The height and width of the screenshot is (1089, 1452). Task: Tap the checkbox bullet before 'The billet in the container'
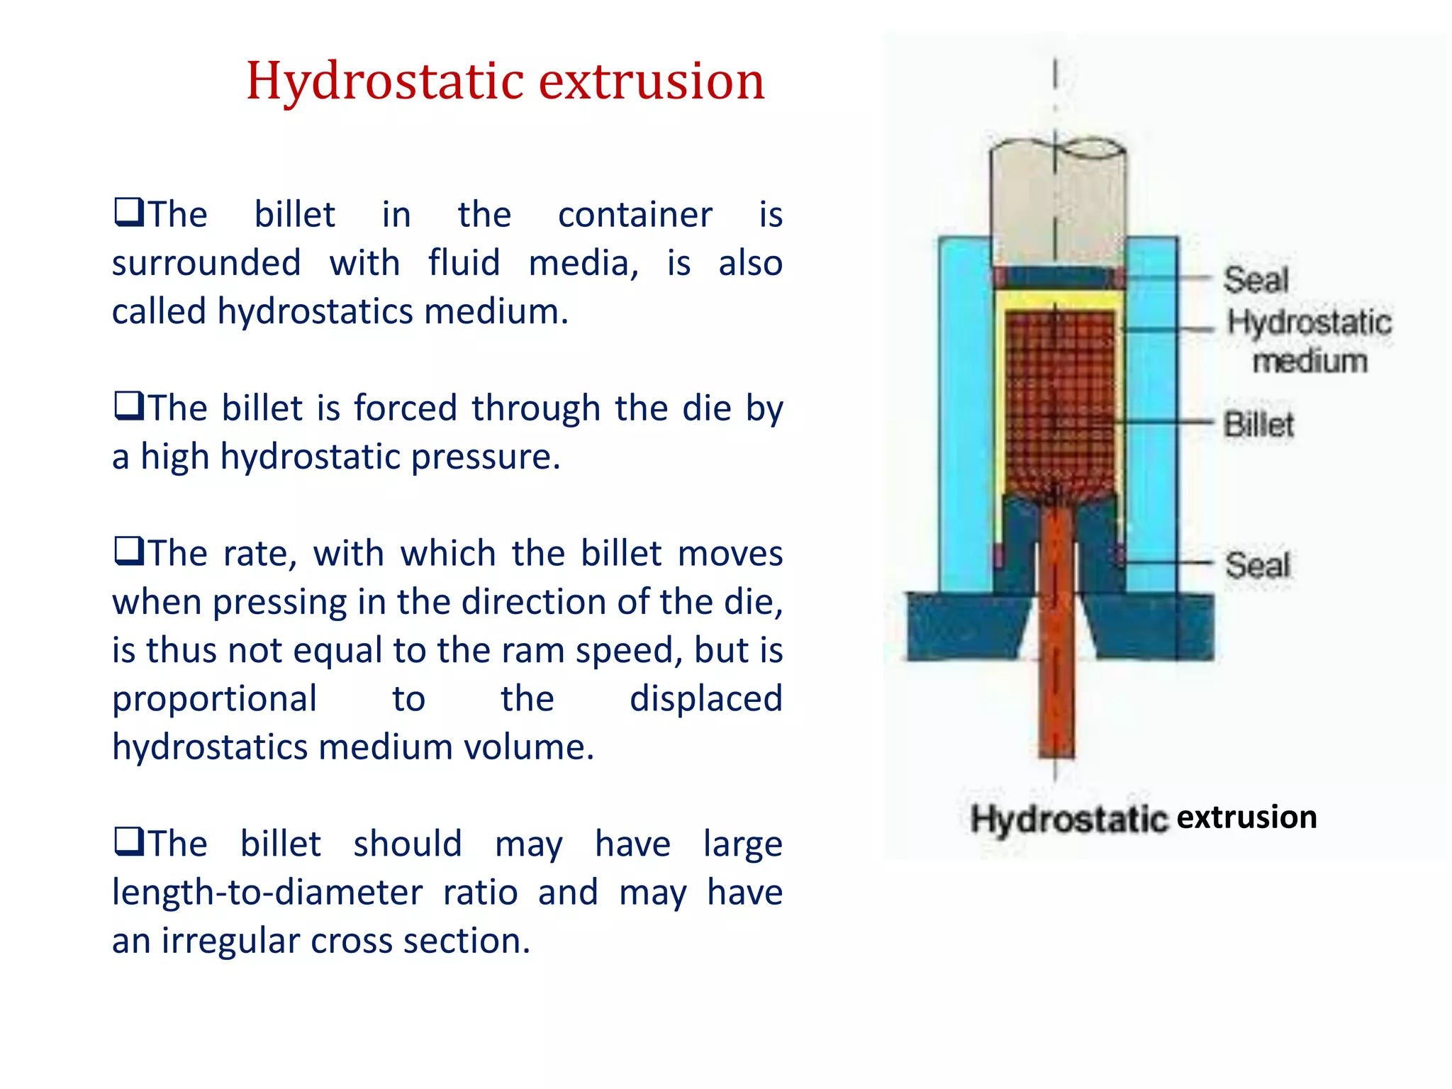(128, 212)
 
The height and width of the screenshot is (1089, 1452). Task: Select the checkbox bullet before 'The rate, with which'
(128, 551)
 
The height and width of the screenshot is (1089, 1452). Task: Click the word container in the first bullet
(635, 214)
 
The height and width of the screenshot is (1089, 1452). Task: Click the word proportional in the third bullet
(214, 699)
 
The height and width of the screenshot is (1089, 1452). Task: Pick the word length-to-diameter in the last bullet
(267, 893)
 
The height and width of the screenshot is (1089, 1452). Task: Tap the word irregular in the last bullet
(230, 941)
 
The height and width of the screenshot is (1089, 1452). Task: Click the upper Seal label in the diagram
(1256, 280)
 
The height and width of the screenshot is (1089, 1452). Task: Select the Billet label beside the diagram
(1258, 425)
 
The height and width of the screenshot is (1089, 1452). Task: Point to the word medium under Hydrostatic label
(1309, 362)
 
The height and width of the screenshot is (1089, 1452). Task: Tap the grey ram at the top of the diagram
(1056, 206)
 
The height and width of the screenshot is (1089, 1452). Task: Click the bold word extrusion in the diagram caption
(1246, 817)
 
